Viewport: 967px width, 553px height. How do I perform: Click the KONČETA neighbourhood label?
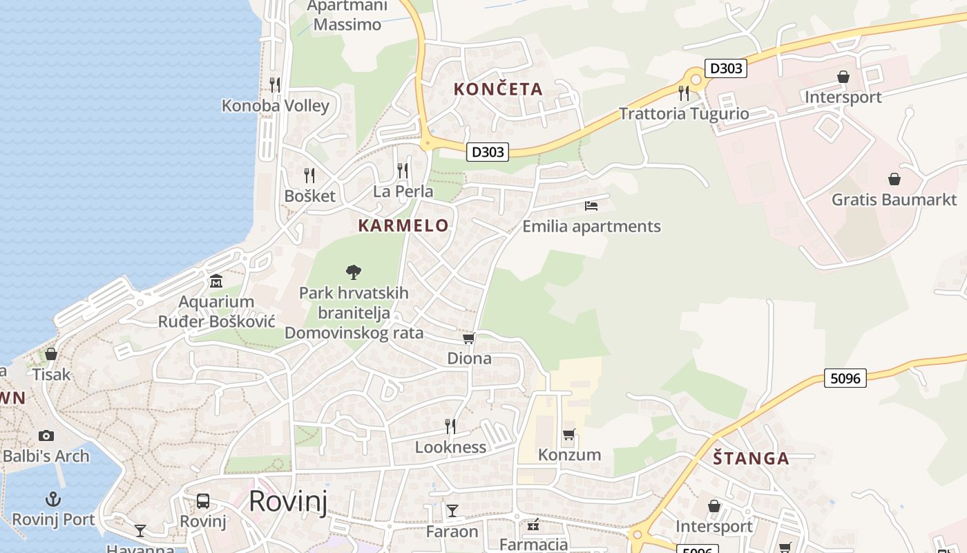tap(498, 89)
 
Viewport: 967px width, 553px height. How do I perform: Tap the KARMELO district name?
tap(403, 225)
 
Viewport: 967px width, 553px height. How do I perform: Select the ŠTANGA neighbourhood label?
tap(751, 458)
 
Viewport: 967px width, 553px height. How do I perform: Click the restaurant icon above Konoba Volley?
tap(275, 84)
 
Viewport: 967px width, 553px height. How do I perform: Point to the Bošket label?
tap(309, 196)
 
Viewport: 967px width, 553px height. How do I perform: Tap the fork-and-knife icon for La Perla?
tap(403, 170)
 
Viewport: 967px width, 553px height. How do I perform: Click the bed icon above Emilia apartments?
tap(591, 205)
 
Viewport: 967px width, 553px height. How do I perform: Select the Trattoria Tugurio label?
tap(684, 113)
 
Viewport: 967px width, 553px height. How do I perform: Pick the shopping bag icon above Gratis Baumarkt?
tap(894, 179)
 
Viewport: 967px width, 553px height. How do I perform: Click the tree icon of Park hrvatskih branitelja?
tap(354, 272)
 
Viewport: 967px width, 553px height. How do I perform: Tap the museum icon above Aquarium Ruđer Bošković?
tap(216, 281)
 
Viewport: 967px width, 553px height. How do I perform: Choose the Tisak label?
tap(51, 374)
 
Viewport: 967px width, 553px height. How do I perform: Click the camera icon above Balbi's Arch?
tap(46, 435)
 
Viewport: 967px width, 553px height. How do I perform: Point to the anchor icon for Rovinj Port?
tap(53, 498)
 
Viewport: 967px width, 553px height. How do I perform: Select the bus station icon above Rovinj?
tap(203, 501)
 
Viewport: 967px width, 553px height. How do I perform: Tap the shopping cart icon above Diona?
tap(469, 338)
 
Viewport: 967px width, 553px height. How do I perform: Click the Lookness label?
tap(450, 447)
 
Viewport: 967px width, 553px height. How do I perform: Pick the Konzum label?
tap(569, 455)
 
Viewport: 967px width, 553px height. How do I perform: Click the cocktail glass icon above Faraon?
tap(452, 511)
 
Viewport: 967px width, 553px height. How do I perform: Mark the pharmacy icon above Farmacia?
tap(533, 525)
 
